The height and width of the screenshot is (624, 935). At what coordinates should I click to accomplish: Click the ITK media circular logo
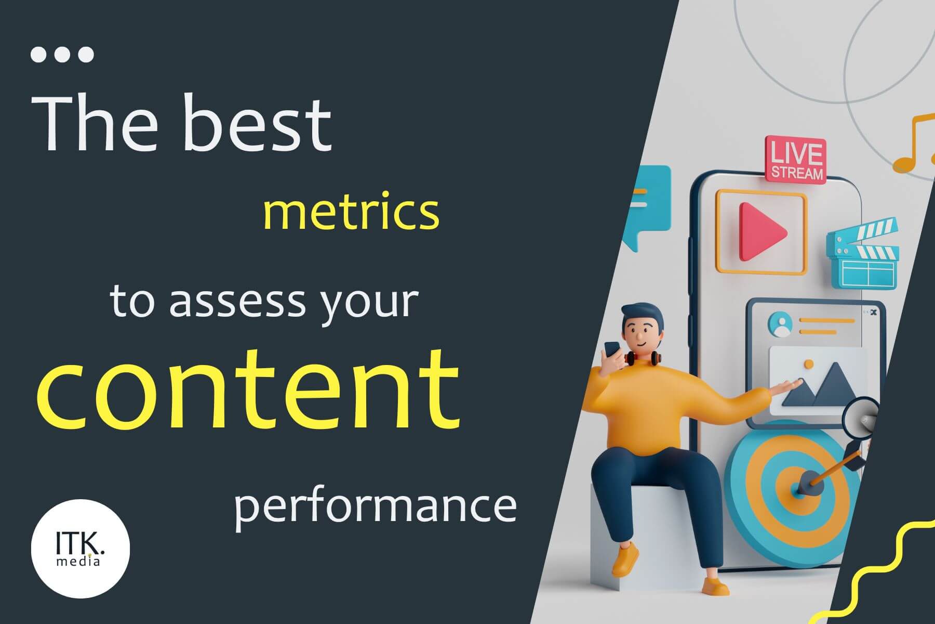pyautogui.click(x=81, y=548)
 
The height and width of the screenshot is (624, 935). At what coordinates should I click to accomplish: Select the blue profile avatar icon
pyautogui.click(x=779, y=324)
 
